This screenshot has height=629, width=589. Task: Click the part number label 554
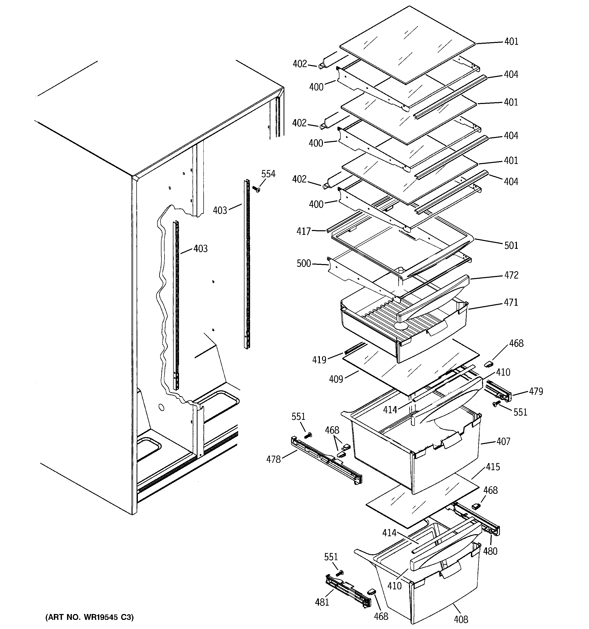[x=268, y=174]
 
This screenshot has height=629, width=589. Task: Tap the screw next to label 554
[x=256, y=189]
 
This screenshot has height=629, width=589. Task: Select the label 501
[x=511, y=246]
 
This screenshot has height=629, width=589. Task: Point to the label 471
[x=511, y=302]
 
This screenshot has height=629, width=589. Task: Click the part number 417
[x=303, y=232]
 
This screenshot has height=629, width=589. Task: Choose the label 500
[x=303, y=264]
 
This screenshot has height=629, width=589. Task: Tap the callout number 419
[x=319, y=360]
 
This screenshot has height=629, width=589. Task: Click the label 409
[x=336, y=379]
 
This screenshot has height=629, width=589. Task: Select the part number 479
[x=536, y=392]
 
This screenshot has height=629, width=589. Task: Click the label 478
[x=273, y=459]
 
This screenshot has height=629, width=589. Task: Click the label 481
[x=322, y=602]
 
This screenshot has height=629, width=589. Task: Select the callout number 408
[x=460, y=619]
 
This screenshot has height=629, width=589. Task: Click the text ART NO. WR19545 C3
[x=89, y=617]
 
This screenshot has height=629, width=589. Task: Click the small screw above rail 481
[x=340, y=573]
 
